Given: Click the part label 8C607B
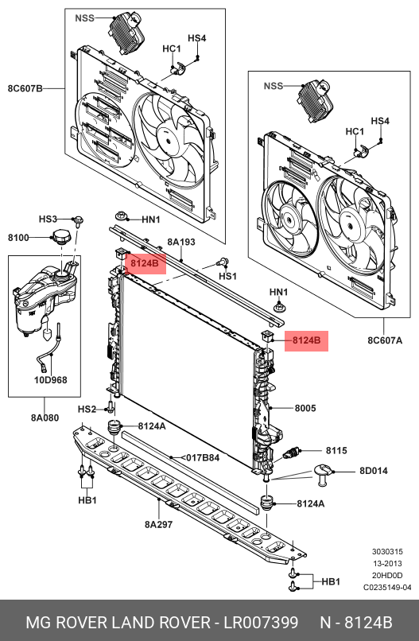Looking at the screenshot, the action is (x=25, y=88).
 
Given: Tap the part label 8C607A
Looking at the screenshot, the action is (x=385, y=340).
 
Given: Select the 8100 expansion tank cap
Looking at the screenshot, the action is (x=61, y=236).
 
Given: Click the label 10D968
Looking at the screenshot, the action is (x=50, y=380).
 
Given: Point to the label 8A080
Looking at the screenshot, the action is (x=45, y=418).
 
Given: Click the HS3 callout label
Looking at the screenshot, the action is (x=48, y=219).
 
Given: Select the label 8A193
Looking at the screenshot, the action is (x=181, y=242).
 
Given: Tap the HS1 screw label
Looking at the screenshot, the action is (x=227, y=276).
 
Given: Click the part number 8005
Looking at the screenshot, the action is (x=305, y=408).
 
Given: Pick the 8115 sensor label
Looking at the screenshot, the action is (x=336, y=450).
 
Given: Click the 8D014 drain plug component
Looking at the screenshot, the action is (x=324, y=474).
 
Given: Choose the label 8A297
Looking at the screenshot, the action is (x=158, y=524).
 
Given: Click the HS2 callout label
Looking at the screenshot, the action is (x=87, y=410).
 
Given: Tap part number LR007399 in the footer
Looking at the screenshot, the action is (x=261, y=622).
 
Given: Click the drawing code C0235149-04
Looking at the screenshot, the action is (x=387, y=588).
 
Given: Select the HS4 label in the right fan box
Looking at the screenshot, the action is (x=380, y=121).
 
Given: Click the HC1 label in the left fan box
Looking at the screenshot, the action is (x=172, y=49).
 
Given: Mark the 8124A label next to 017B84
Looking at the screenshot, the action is (x=152, y=426).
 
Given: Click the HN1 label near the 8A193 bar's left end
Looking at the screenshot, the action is (x=151, y=219).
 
